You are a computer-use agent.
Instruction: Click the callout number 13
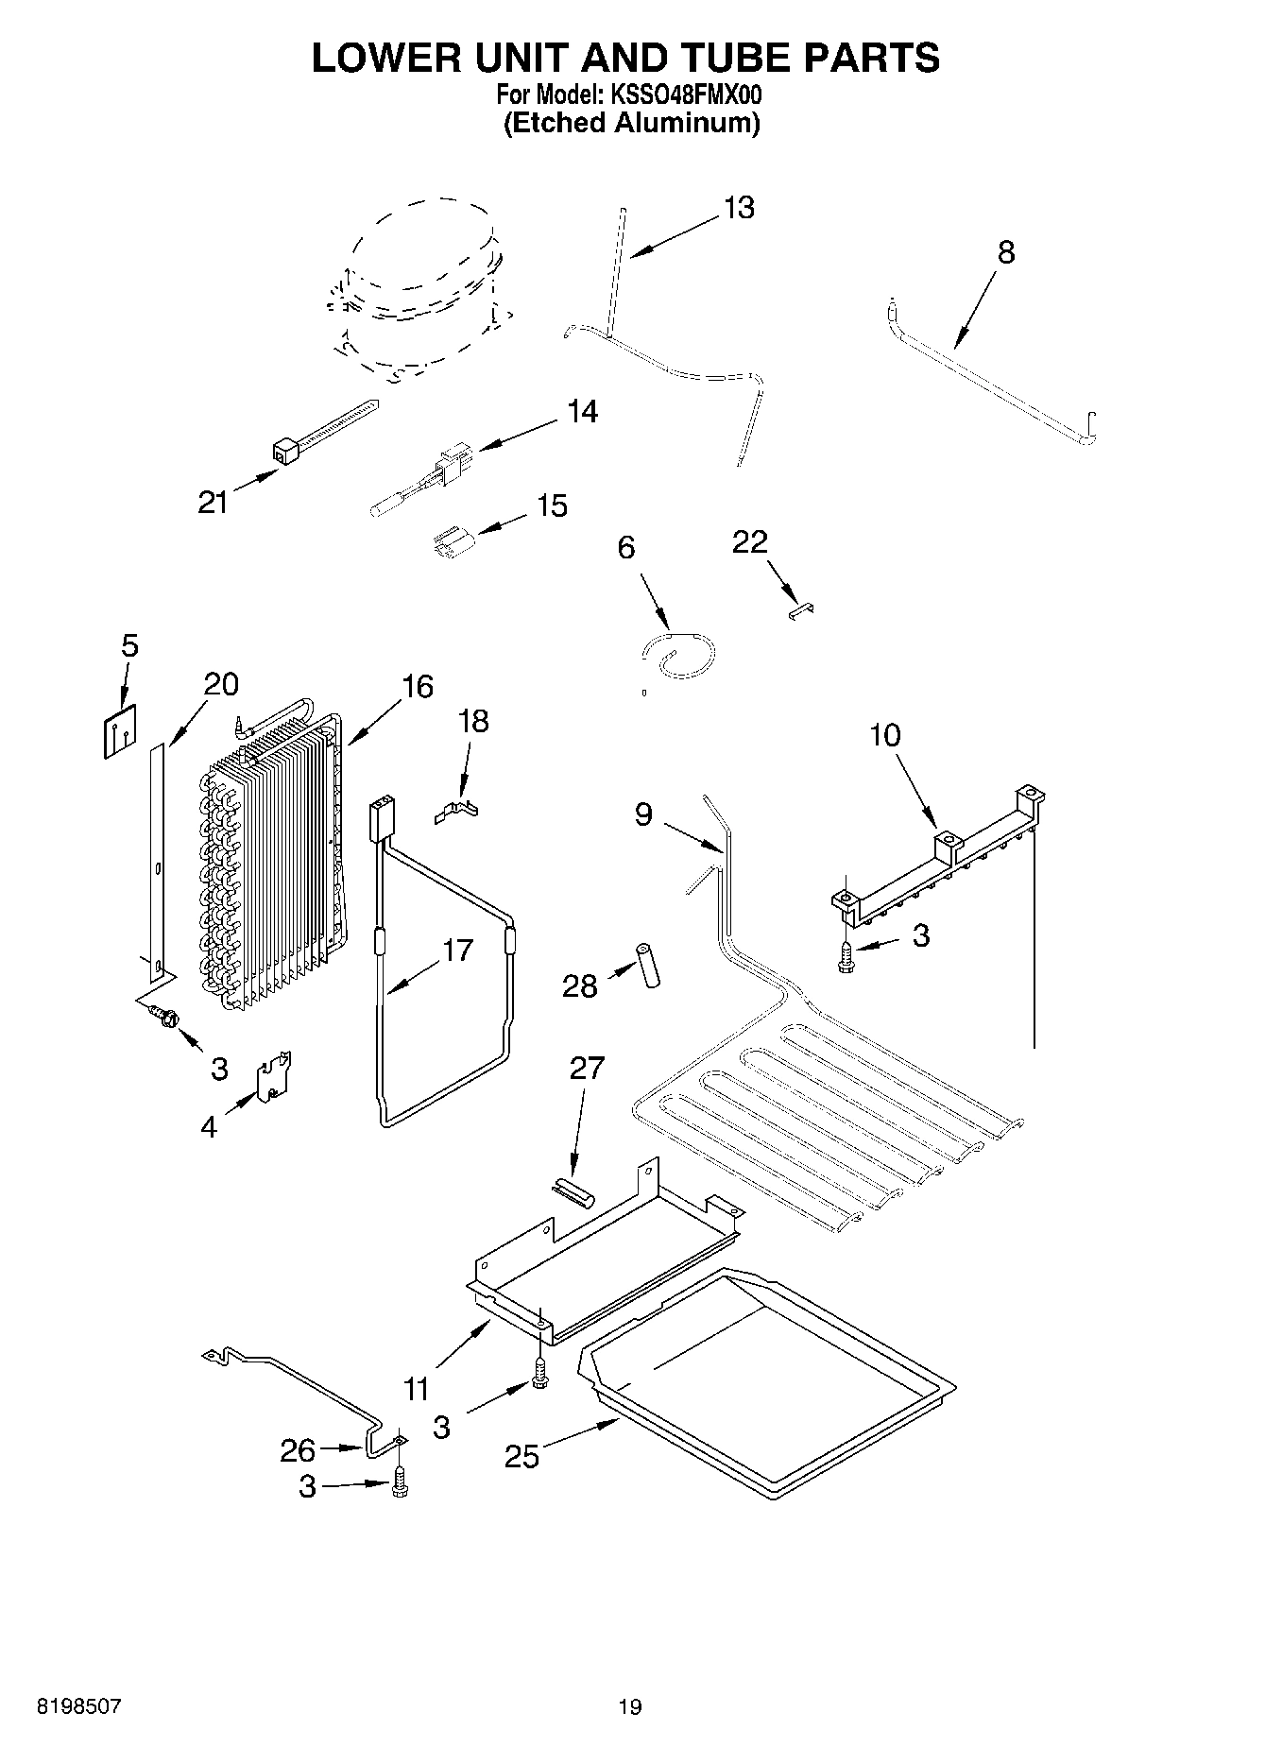pyautogui.click(x=739, y=208)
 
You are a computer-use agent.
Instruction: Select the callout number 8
pyautogui.click(x=1006, y=252)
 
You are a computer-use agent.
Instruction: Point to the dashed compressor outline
pyautogui.click(x=416, y=283)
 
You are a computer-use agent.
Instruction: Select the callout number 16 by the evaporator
pyautogui.click(x=417, y=687)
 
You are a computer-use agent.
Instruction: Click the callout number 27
pyautogui.click(x=586, y=1069)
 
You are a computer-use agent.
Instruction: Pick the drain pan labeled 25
pyautogui.click(x=770, y=1379)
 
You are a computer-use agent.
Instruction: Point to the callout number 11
pyautogui.click(x=418, y=1388)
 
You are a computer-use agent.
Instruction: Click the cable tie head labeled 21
pyautogui.click(x=284, y=452)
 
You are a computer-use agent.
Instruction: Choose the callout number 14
pyautogui.click(x=582, y=412)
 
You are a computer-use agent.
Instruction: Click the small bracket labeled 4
pyautogui.click(x=275, y=1075)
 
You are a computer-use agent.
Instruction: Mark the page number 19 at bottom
pyautogui.click(x=630, y=1706)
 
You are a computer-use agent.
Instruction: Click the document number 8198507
pyautogui.click(x=79, y=1706)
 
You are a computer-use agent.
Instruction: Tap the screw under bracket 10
pyautogui.click(x=846, y=955)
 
